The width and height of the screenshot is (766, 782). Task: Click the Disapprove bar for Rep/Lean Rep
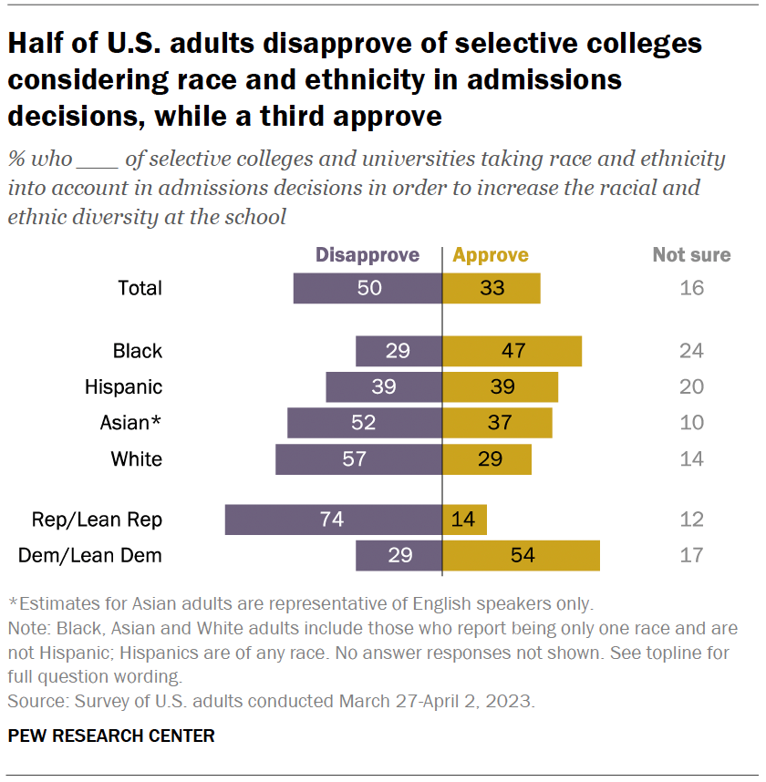tap(333, 520)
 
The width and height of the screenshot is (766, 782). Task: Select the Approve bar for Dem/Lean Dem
tap(521, 555)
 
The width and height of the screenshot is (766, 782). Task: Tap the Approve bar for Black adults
tap(512, 351)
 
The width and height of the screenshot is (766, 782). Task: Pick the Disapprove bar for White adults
tap(358, 459)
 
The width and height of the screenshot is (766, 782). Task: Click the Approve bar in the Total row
tap(492, 288)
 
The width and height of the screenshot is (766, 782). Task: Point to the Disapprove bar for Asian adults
tap(365, 423)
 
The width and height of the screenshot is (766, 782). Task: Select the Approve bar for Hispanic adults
tap(500, 386)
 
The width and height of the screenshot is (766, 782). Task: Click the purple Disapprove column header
tap(367, 255)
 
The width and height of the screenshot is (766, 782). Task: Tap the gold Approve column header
tap(491, 255)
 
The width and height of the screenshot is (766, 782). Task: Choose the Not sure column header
tap(691, 255)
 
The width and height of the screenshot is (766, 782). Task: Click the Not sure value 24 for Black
tap(692, 351)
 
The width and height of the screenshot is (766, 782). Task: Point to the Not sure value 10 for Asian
tap(692, 423)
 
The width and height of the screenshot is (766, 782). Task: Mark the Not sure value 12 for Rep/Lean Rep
tap(692, 520)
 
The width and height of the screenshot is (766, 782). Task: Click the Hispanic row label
tap(123, 386)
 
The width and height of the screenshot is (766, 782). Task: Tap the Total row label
tap(140, 288)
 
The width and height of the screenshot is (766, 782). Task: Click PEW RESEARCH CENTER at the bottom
tap(112, 736)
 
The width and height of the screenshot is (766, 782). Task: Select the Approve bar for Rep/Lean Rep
tap(464, 520)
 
